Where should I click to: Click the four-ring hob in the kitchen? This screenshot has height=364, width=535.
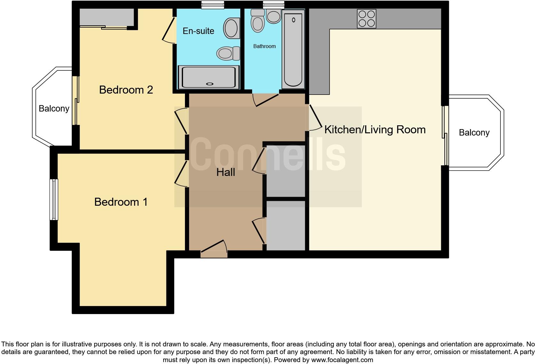point(367,19)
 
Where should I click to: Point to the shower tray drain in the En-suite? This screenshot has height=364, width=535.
point(210,84)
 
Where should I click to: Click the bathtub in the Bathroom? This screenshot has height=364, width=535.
point(293,49)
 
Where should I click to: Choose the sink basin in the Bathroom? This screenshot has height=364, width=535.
point(274,16)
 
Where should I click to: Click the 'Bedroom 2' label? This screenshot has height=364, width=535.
point(126,90)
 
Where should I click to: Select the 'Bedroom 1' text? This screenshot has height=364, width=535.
point(121,202)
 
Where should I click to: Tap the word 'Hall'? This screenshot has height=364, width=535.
point(226,172)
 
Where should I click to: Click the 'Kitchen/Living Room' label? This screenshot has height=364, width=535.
point(375,129)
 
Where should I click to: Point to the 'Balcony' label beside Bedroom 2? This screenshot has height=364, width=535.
point(54,109)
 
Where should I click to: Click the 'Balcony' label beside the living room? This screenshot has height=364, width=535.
point(474,133)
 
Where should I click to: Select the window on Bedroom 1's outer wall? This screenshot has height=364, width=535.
point(54,199)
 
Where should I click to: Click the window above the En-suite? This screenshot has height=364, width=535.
point(212,4)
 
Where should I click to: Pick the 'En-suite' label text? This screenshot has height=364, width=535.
point(198,31)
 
